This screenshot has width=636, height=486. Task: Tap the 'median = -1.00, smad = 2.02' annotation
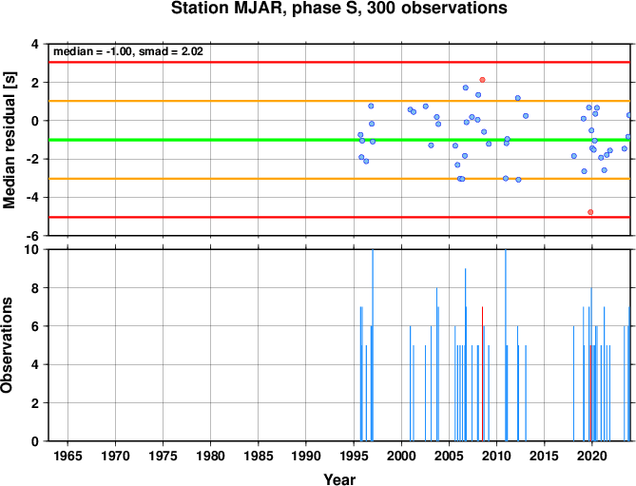(x=128, y=51)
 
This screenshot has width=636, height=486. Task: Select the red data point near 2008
(x=482, y=80)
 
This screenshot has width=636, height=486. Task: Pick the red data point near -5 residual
(x=590, y=212)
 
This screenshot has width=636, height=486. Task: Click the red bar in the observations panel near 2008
(x=482, y=374)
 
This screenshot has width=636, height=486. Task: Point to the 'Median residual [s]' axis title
(x=9, y=140)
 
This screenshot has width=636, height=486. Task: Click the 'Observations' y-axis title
(x=7, y=345)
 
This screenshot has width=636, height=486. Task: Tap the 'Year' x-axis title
(x=339, y=479)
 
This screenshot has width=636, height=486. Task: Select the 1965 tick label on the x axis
(x=67, y=456)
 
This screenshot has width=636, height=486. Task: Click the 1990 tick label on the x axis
(x=306, y=456)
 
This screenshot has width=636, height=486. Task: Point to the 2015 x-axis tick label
(x=545, y=456)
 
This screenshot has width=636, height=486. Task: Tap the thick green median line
(x=339, y=140)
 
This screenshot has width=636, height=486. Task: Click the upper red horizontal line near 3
(x=339, y=63)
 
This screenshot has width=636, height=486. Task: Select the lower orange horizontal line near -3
(x=339, y=179)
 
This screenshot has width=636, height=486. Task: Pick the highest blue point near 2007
(x=466, y=87)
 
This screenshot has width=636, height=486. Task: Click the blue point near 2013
(x=526, y=116)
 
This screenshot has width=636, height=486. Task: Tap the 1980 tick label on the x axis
(x=210, y=456)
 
